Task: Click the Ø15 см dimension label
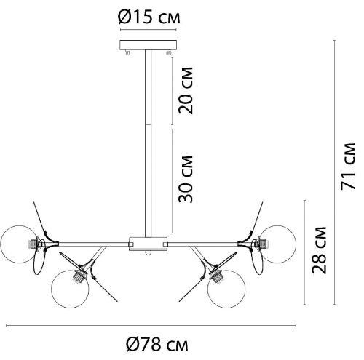pyautogui.click(x=149, y=17)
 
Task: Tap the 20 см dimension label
pyautogui.click(x=186, y=91)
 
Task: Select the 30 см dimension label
pyautogui.click(x=186, y=179)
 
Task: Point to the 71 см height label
pyautogui.click(x=348, y=167)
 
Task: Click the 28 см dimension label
pyautogui.click(x=320, y=250)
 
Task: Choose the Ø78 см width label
pyautogui.click(x=157, y=345)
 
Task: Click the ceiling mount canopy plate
pyautogui.click(x=148, y=45)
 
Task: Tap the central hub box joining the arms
pyautogui.click(x=149, y=244)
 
